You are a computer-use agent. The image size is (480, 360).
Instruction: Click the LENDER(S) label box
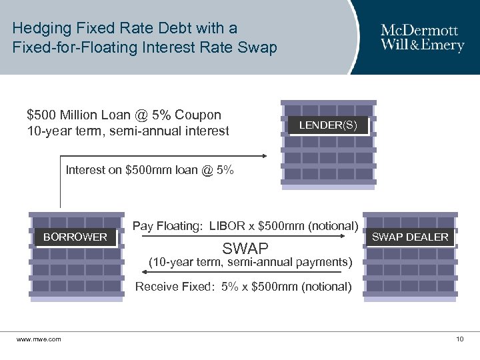328,125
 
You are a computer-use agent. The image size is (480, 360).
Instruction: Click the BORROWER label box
75,237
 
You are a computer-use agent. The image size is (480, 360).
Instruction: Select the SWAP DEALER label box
410,237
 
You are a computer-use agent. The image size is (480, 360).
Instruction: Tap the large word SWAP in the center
245,249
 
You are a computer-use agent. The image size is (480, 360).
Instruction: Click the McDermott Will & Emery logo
419,37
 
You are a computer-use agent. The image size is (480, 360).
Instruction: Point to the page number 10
459,339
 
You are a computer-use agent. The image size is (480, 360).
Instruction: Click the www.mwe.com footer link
39,339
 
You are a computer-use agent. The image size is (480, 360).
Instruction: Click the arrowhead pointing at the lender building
264,155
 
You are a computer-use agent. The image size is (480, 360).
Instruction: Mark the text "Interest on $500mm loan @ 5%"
150,170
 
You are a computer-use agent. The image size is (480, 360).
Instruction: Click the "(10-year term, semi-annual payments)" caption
250,262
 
